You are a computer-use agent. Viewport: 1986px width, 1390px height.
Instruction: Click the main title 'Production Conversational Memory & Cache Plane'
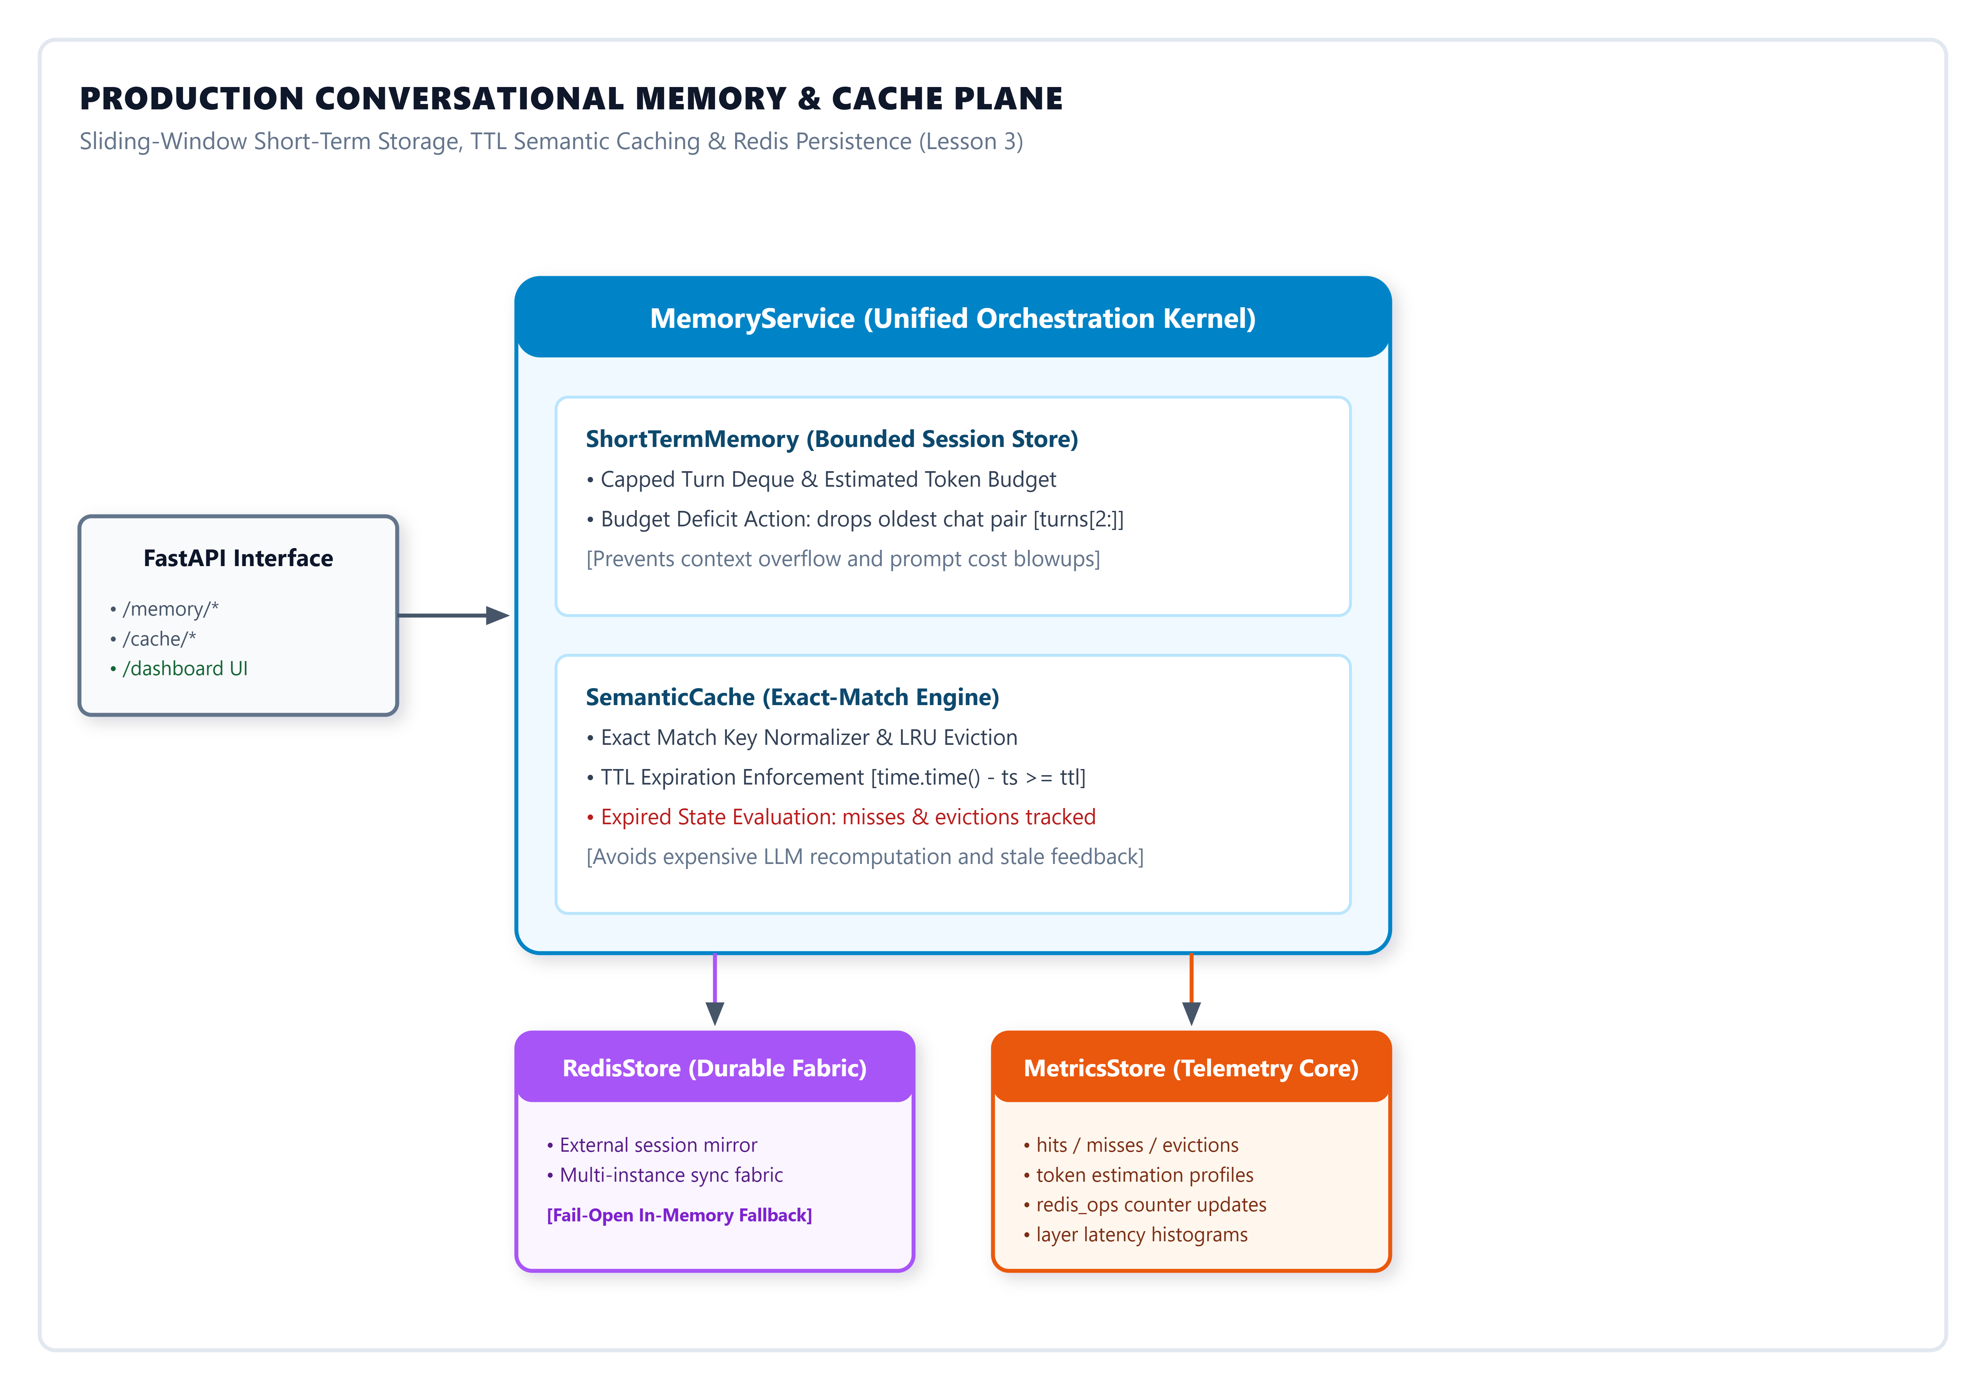point(571,99)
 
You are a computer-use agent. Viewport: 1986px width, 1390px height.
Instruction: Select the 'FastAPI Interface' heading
point(238,558)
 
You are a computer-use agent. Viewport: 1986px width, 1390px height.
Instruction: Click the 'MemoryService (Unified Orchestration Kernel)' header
point(952,318)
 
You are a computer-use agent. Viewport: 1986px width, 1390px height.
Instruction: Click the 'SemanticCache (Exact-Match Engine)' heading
point(792,697)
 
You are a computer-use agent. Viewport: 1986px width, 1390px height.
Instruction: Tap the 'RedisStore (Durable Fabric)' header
point(715,1068)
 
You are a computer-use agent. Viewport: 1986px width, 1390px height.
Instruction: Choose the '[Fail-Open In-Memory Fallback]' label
point(679,1215)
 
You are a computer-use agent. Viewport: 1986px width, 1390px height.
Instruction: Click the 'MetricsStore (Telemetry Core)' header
point(1191,1068)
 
